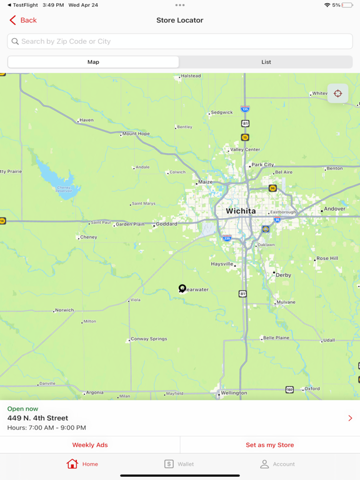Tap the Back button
[x=23, y=21]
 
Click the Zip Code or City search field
[x=180, y=41]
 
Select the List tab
[x=266, y=62]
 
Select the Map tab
[x=93, y=62]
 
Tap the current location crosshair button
[x=337, y=94]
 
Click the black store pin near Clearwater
[x=182, y=288]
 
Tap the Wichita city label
[x=241, y=211]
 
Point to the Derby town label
[x=283, y=275]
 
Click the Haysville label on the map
[x=222, y=264]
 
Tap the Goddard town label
[x=166, y=224]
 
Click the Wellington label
[x=234, y=393]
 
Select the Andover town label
[x=334, y=209]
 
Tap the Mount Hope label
[x=136, y=133]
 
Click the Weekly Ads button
[x=90, y=445]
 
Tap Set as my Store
[x=269, y=445]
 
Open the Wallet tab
[x=179, y=464]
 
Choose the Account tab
[x=277, y=464]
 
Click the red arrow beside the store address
[x=350, y=418]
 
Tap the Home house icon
[x=72, y=464]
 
